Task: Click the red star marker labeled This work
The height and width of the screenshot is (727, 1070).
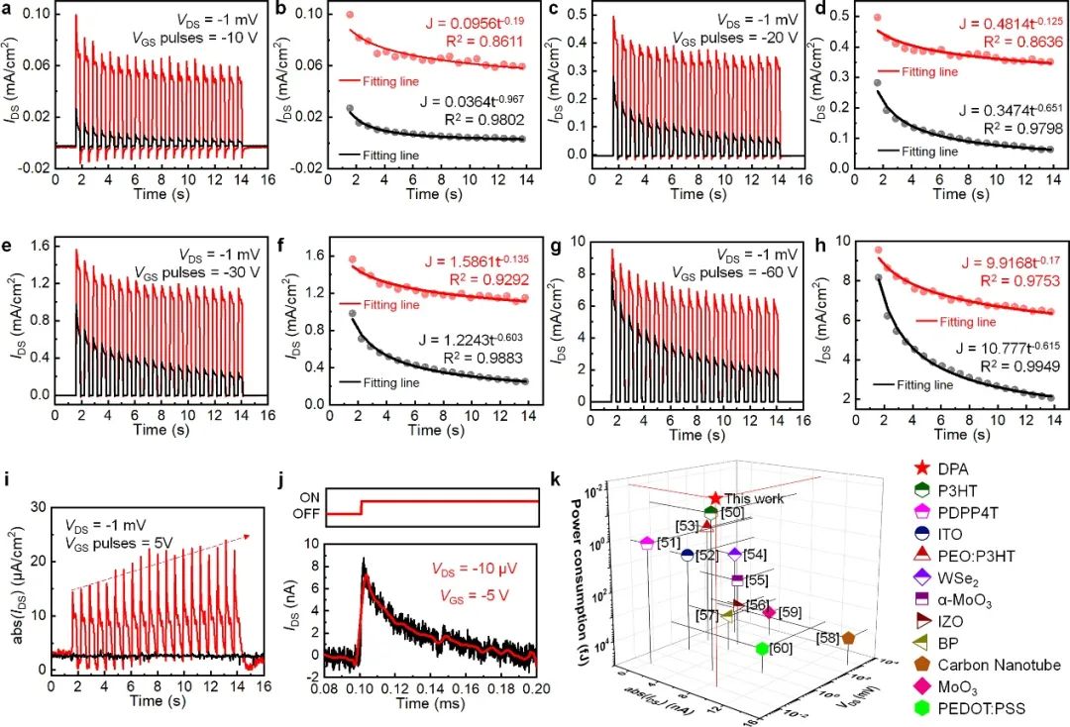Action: click(x=715, y=498)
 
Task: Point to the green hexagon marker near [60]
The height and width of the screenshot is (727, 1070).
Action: click(x=761, y=649)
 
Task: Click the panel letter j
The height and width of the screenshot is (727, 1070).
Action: click(x=282, y=484)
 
